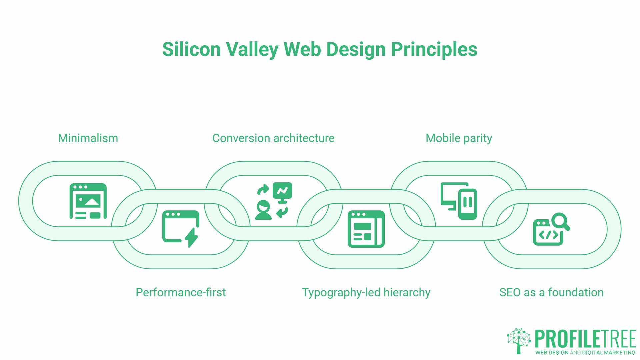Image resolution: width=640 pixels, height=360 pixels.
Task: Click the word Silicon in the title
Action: click(191, 49)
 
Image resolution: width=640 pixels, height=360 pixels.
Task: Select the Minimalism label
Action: click(88, 138)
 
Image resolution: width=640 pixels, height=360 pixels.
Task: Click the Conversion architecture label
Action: click(273, 138)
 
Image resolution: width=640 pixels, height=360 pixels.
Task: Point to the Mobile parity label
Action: click(459, 138)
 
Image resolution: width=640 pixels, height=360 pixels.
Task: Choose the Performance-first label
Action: click(181, 292)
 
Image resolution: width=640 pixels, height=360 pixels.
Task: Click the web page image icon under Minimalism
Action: click(88, 201)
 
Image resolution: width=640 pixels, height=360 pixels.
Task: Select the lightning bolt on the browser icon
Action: click(191, 237)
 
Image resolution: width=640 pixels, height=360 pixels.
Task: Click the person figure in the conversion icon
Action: click(263, 210)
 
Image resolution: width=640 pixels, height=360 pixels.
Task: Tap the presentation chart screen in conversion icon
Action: click(282, 191)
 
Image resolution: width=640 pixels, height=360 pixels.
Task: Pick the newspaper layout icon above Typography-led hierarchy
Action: click(366, 229)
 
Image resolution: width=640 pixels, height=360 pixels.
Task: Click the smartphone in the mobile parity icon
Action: click(467, 204)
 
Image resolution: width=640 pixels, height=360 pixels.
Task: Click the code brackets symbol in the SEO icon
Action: click(548, 235)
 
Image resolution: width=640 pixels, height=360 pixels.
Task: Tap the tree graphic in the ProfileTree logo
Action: click(519, 340)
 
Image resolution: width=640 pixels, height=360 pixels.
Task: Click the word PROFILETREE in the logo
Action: click(585, 339)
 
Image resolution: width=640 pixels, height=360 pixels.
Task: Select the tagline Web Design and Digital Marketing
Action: click(585, 353)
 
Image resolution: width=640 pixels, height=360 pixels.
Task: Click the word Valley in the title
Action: click(252, 49)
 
